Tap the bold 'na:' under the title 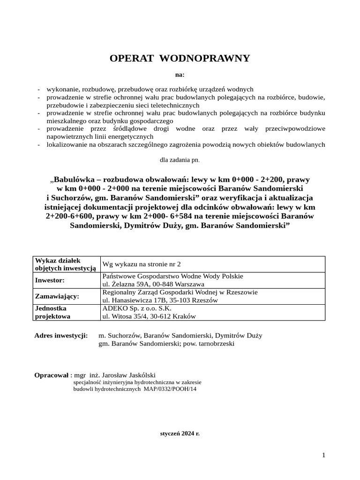pyautogui.click(x=180, y=74)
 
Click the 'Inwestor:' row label pyautogui.click(x=50, y=280)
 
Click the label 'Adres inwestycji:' pyautogui.click(x=61, y=336)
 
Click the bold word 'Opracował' pyautogui.click(x=52, y=375)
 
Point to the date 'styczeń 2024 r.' pyautogui.click(x=180, y=433)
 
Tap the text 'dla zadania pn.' pyautogui.click(x=180, y=160)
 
